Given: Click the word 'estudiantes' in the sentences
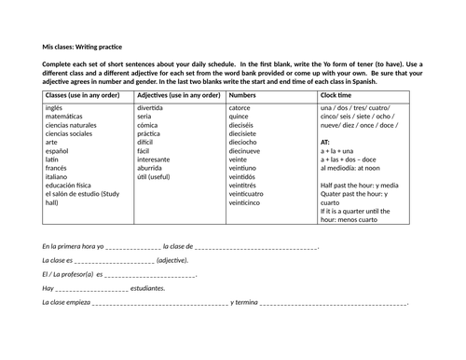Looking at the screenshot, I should [147, 288].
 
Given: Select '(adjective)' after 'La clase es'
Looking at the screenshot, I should [173, 260].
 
